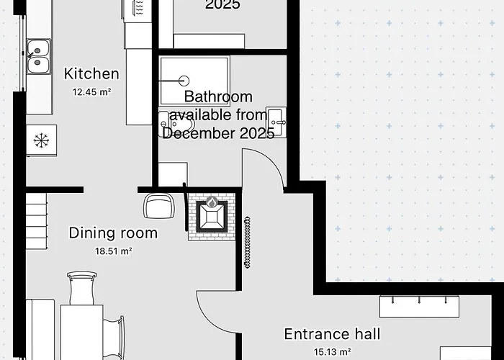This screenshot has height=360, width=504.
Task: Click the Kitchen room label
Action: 91,73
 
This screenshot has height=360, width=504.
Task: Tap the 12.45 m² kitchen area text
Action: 91,92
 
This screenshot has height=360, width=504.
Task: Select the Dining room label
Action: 114,233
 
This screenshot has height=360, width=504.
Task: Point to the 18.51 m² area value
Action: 114,251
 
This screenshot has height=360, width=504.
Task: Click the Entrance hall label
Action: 333,334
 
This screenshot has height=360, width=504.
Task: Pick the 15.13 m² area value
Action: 333,352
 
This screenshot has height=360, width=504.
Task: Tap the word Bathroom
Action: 218,96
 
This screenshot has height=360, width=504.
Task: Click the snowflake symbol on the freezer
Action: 41,141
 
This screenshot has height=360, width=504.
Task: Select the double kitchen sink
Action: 39,57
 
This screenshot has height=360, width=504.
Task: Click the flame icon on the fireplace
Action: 212,202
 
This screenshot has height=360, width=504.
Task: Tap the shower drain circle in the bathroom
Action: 184,81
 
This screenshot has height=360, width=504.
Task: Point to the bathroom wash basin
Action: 276,122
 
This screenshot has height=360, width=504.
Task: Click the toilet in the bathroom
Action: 177,124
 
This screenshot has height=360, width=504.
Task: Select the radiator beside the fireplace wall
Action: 247,243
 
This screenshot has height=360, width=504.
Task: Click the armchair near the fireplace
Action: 159,205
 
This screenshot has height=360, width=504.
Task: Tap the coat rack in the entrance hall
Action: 419,306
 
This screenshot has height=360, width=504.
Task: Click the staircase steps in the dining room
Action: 36,221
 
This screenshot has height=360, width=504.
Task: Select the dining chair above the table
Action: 81,288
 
